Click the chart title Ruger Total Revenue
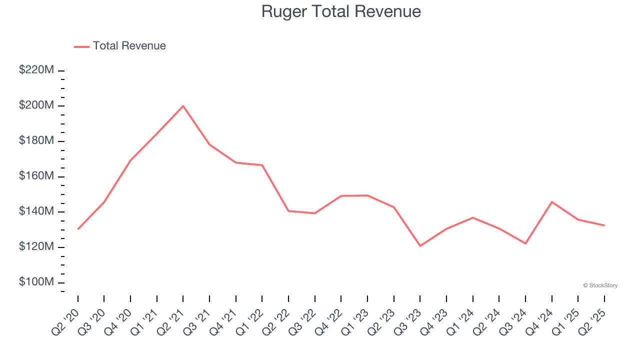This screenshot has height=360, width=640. click(341, 11)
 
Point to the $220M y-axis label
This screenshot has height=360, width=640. click(36, 70)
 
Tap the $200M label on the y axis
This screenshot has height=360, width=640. click(36, 105)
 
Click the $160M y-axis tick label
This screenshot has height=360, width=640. click(36, 176)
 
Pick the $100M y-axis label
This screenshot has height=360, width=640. click(36, 282)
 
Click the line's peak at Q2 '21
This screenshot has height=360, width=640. click(183, 106)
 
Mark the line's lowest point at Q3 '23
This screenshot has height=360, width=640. click(420, 246)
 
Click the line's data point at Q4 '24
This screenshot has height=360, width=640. click(551, 202)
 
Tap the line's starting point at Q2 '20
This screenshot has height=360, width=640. click(78, 229)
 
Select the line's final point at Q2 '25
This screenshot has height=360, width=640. click(604, 225)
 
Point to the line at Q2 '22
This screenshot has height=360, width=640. click(288, 211)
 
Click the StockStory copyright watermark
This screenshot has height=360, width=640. click(600, 285)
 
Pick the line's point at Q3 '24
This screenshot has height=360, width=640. click(525, 243)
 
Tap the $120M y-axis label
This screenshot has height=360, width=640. click(36, 247)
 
